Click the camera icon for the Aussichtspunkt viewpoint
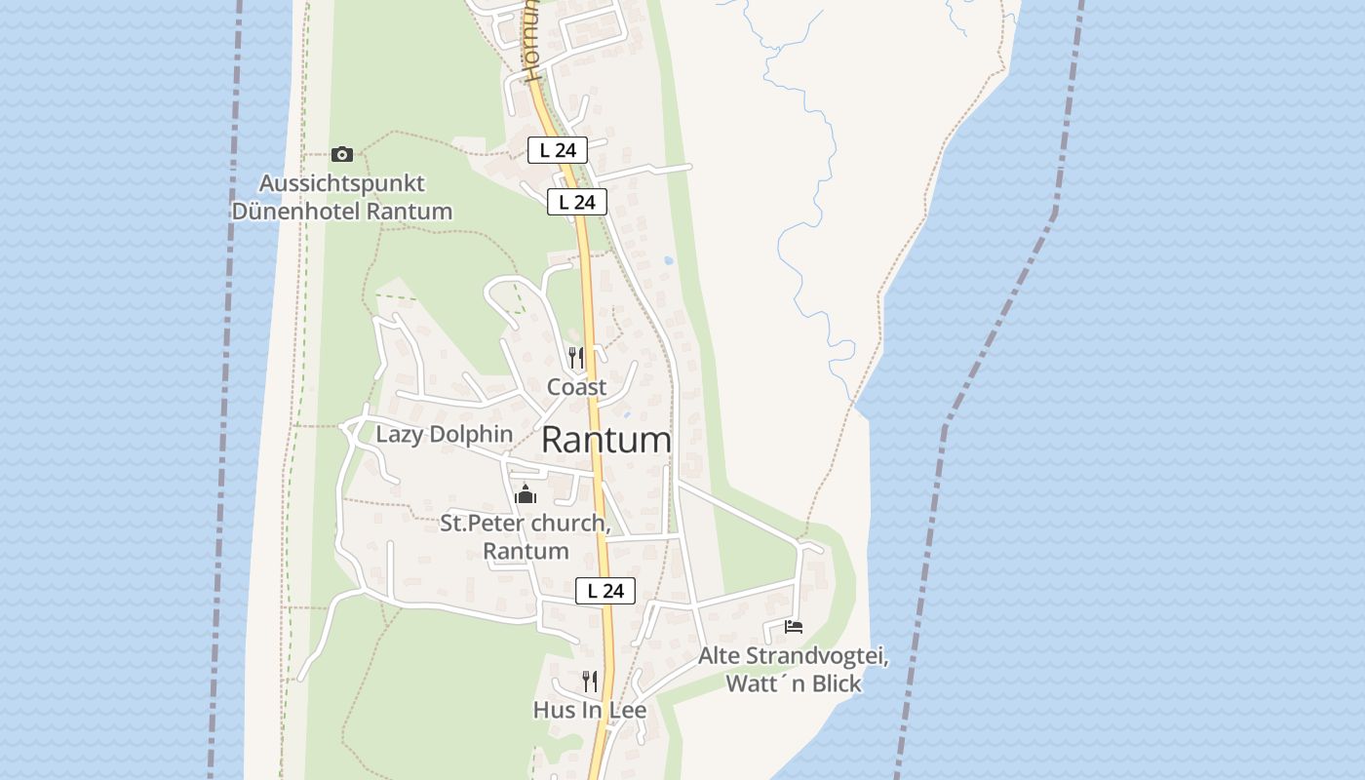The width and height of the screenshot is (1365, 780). click(341, 154)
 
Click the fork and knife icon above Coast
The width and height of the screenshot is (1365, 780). click(576, 358)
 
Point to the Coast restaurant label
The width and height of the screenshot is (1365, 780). click(576, 387)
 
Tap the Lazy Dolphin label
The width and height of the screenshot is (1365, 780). click(445, 434)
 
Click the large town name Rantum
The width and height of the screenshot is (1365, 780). click(606, 441)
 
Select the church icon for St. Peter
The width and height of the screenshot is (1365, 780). click(526, 494)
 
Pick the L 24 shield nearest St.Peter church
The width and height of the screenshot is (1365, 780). click(605, 591)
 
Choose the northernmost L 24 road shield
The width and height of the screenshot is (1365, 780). click(558, 150)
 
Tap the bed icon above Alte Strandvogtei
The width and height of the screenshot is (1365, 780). click(794, 626)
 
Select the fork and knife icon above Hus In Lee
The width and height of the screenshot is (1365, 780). click(590, 681)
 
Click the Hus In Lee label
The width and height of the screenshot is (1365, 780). click(590, 710)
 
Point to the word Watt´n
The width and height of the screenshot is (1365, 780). click(766, 683)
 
